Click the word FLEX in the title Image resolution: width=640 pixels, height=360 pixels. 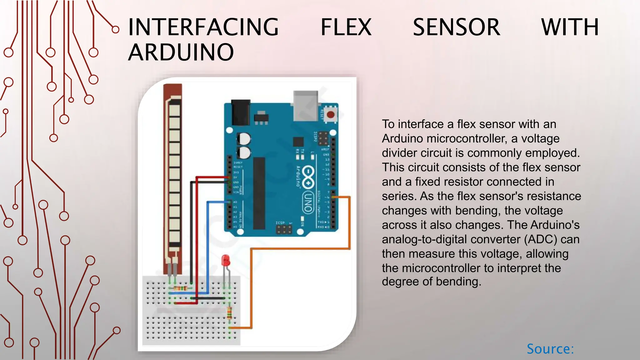coord(346,27)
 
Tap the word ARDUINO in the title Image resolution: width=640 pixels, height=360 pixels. coord(181,52)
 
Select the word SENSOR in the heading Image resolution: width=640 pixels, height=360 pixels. coord(456,27)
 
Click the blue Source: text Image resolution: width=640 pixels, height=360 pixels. coord(550,349)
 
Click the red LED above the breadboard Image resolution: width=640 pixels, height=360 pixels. coord(225,260)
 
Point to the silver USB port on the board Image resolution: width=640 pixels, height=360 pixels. coord(305,106)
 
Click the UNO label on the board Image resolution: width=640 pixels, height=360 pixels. coord(308,202)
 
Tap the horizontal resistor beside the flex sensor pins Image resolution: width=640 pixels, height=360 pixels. coord(180,287)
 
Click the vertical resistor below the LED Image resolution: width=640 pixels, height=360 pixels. coord(229,312)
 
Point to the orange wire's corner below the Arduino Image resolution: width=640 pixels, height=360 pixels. coord(252,249)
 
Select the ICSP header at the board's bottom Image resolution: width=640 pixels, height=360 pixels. coord(284,229)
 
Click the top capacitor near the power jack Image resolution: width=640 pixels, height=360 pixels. coord(243,139)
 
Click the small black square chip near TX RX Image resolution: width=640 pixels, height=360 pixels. coord(298,142)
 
